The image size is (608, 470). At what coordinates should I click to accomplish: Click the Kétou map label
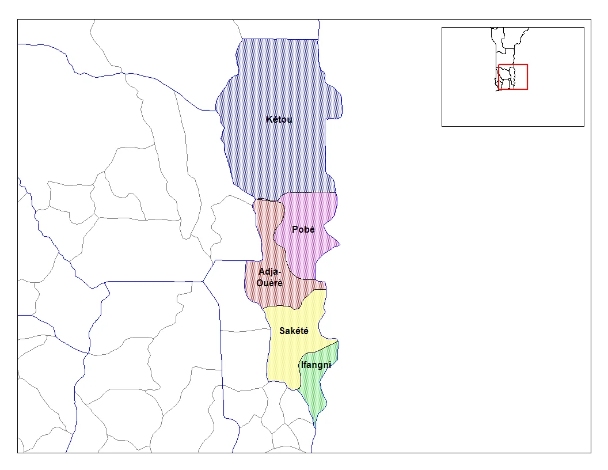279,120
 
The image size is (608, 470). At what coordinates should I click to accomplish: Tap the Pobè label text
303,230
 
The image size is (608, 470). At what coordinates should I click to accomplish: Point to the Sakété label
294,331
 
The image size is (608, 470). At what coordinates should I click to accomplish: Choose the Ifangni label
316,365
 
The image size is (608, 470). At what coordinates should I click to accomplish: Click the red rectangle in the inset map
513,65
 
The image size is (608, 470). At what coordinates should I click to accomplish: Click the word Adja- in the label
270,271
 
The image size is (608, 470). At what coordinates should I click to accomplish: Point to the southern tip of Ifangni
314,425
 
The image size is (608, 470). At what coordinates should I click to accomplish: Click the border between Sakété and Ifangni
317,351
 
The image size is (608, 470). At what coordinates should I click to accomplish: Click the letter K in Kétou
269,120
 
